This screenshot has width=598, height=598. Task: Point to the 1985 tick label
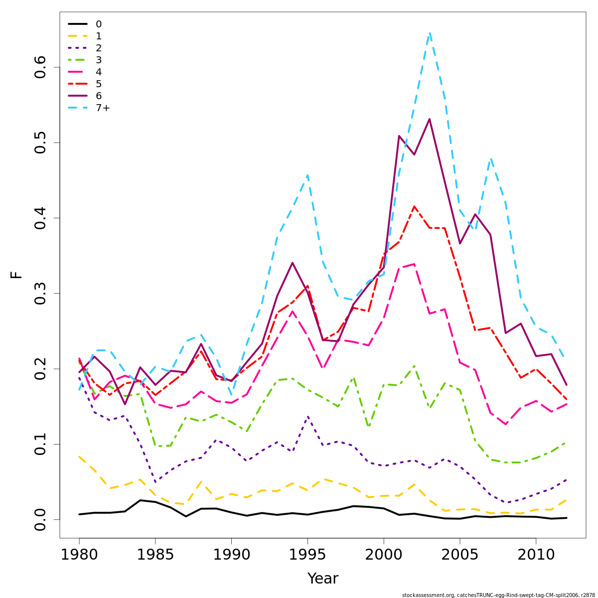[155, 555]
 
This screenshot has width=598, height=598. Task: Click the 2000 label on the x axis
[384, 555]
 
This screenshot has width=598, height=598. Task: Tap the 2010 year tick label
[536, 555]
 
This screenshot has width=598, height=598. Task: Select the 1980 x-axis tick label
[79, 555]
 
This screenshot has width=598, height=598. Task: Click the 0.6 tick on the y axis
[40, 67]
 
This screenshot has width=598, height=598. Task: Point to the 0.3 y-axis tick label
[40, 294]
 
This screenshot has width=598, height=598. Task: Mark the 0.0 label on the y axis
[40, 519]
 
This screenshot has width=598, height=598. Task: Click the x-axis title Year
[322, 579]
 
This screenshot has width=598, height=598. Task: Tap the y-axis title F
[16, 275]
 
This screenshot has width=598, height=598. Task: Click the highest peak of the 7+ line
[430, 33]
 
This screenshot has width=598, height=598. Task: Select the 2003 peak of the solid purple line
[430, 119]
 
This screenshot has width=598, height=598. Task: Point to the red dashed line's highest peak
[414, 206]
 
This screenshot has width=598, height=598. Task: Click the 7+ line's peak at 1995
[307, 175]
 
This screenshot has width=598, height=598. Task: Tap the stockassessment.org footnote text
[498, 595]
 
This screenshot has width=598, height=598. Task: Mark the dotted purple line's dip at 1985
[155, 482]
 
